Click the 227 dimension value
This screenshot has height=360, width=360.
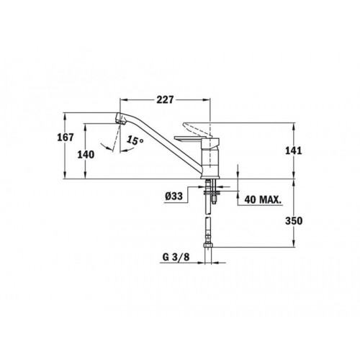pos(165,99)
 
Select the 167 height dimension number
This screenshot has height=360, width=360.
pos(66,138)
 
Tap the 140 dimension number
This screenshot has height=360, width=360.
pos(86,155)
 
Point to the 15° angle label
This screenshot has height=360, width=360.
pos(135,140)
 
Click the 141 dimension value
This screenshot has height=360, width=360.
pos(294,150)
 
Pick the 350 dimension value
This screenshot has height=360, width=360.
pos(294,221)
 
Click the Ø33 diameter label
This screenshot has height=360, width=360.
pos(174,197)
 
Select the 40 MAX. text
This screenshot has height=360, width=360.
pos(263,199)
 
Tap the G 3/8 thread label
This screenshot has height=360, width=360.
pos(176,257)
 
